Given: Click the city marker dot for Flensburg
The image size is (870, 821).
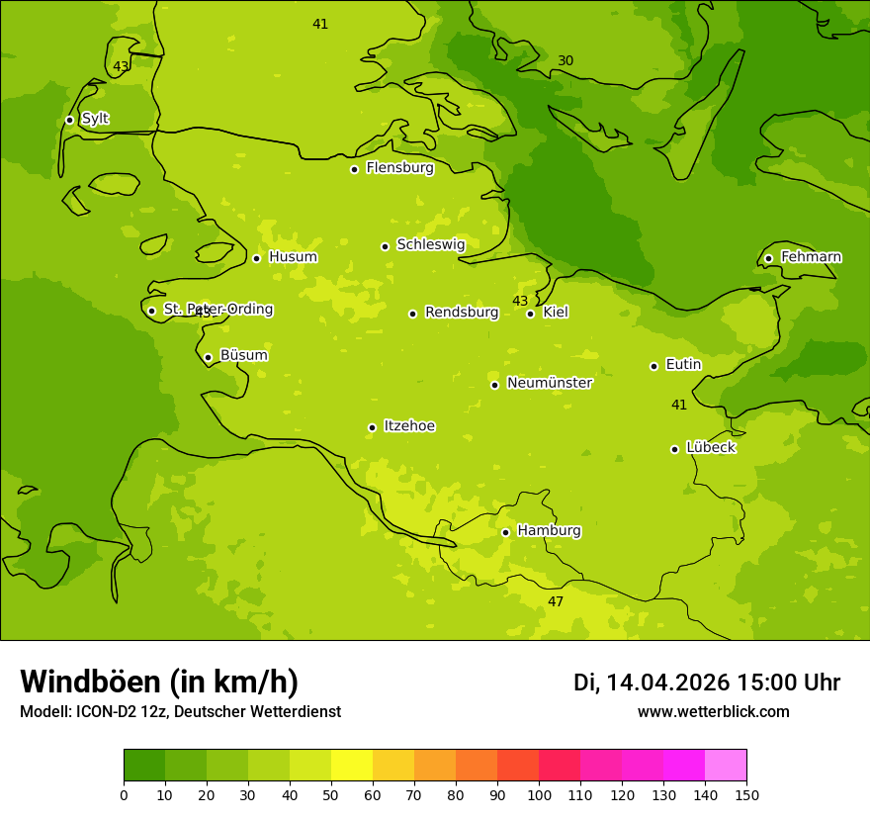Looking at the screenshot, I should point(354,169).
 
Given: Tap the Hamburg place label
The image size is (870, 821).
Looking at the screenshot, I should point(549,531).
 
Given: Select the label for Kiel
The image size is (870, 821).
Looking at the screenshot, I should point(556,313).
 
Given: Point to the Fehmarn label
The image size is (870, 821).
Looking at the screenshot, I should point(811,257).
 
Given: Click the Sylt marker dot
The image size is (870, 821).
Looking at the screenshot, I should point(69,120).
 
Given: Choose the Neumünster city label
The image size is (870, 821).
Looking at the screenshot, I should point(549,383).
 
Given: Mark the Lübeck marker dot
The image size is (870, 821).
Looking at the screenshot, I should point(674,449).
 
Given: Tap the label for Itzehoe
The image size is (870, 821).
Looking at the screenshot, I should point(409,426).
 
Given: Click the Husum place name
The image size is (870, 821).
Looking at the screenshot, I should point(293,257).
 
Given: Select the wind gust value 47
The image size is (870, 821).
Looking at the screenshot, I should point(556,601).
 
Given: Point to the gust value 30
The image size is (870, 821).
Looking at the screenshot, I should point(565,61).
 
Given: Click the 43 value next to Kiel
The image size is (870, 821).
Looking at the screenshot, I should point(520,301).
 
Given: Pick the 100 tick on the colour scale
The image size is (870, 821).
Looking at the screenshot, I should point(539,794).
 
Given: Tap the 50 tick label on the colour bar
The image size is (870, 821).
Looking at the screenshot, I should point(331,794).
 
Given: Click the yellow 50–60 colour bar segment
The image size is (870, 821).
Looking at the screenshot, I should point(352,766).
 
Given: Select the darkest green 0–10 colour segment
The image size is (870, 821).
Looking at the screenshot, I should point(144,766).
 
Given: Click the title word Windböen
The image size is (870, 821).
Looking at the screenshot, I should point(89,682).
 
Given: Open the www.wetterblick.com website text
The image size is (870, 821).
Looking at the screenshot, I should point(713,712).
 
